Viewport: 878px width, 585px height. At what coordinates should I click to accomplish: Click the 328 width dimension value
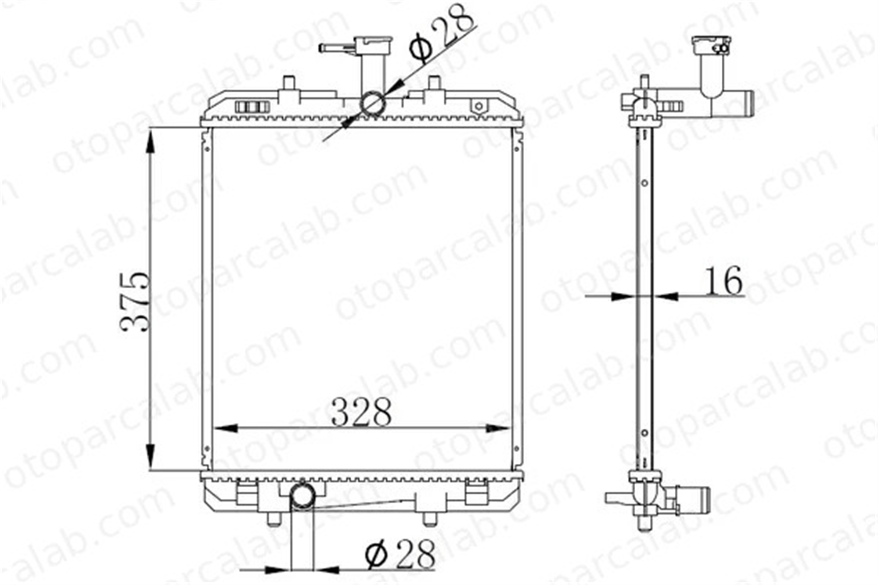tap(361, 412)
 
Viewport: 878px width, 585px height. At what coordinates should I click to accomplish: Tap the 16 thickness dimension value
tap(723, 281)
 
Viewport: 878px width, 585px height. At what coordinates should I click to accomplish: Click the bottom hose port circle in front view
tap(302, 497)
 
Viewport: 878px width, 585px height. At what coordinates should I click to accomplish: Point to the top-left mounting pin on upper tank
tap(288, 83)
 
